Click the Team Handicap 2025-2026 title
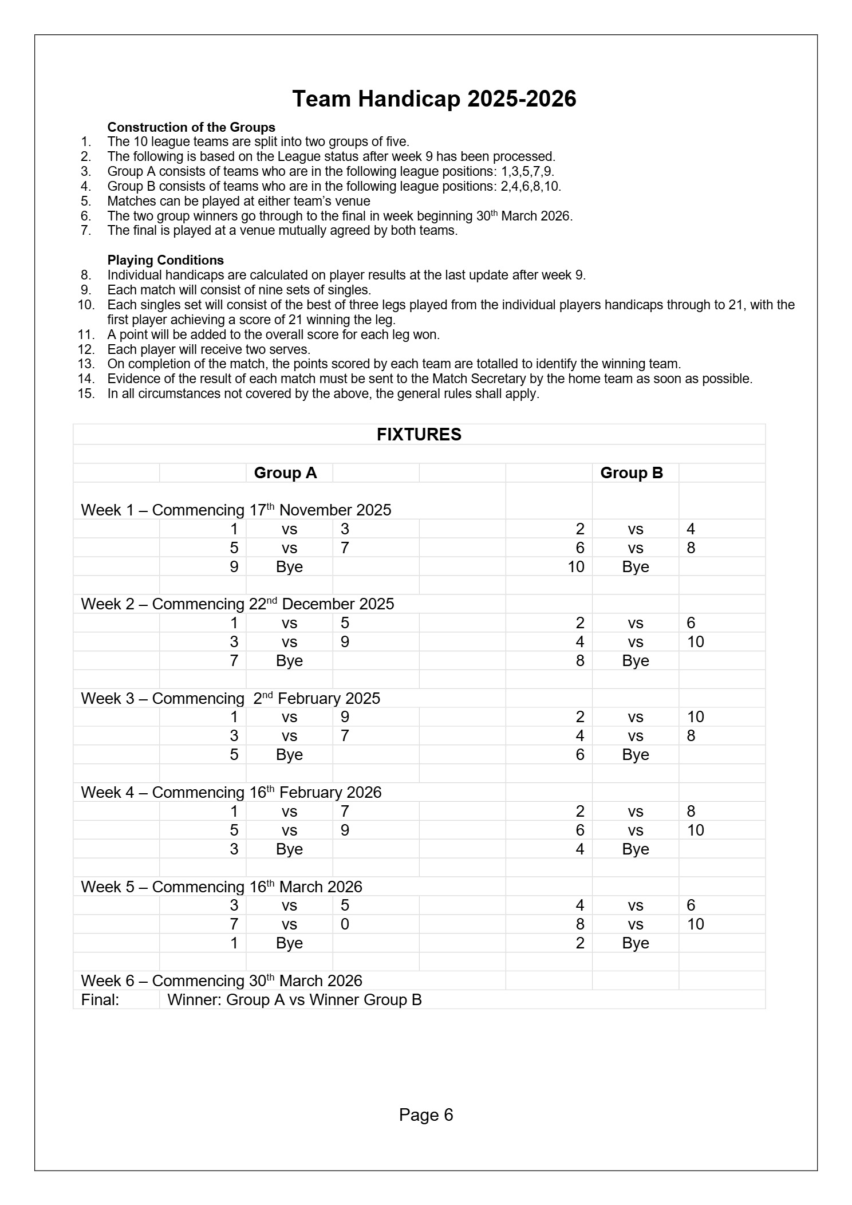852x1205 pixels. click(x=434, y=99)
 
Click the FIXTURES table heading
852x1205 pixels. click(x=419, y=435)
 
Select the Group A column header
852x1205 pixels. click(x=285, y=473)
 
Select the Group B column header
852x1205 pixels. click(x=631, y=473)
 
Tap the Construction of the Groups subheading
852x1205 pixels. click(x=191, y=127)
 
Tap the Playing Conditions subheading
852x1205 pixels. click(x=165, y=260)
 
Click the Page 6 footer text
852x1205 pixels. click(x=425, y=1115)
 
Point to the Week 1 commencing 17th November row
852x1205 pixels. click(x=236, y=510)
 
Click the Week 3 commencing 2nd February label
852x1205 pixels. click(x=230, y=698)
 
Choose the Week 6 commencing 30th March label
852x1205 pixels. click(x=222, y=980)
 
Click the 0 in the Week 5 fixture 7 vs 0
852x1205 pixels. click(x=345, y=924)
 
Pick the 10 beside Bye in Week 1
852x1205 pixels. click(x=575, y=567)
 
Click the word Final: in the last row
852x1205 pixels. click(x=100, y=1000)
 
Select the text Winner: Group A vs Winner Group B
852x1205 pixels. click(x=294, y=1000)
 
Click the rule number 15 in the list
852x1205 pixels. click(x=86, y=394)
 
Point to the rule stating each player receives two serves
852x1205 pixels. click(x=208, y=349)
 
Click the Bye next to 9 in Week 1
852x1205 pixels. click(x=289, y=567)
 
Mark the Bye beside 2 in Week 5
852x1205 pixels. click(x=635, y=943)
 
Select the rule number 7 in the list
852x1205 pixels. click(x=86, y=231)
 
